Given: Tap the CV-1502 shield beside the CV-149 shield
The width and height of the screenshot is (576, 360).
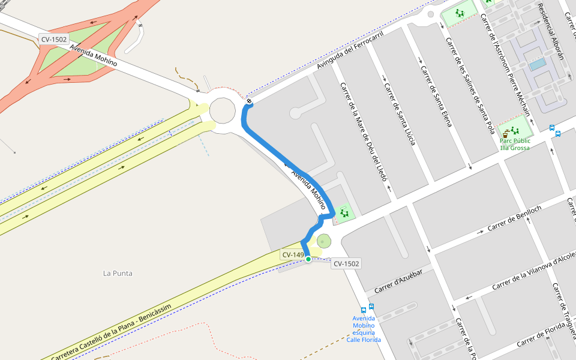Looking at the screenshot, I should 346,263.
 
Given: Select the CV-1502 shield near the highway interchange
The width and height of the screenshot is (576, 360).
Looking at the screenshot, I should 54,40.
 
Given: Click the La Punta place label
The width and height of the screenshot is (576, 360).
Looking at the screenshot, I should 118,274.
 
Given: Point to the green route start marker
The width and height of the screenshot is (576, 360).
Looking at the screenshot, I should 308,259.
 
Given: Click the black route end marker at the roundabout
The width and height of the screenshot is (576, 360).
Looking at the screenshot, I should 249,101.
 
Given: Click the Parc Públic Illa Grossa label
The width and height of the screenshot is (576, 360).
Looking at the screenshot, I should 515,144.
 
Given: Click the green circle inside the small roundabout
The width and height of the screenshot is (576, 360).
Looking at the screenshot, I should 324,241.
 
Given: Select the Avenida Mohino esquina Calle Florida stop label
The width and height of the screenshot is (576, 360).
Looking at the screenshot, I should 364,329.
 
